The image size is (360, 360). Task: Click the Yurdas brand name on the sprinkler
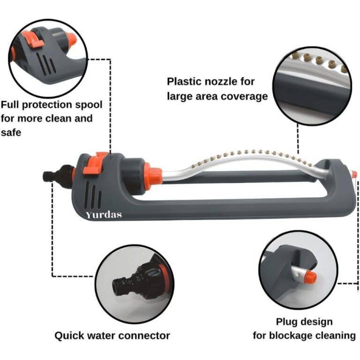[x=104, y=215]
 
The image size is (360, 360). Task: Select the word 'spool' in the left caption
[x=89, y=105]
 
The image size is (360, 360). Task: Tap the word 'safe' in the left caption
[x=11, y=133]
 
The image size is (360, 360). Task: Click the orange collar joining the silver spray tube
[x=154, y=174]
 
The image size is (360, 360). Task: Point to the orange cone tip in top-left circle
[x=71, y=39]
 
